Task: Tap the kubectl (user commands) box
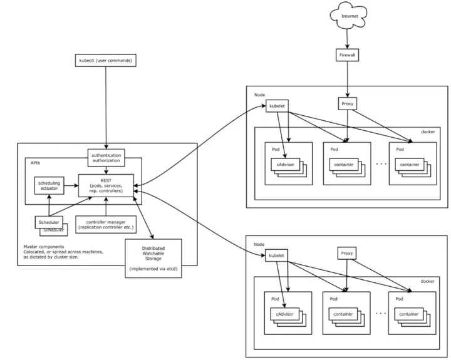tap(105, 61)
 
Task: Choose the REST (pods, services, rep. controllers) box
tap(106, 185)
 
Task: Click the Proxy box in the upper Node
tap(347, 104)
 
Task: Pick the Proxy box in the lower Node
tap(347, 254)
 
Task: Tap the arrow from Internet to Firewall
tap(347, 38)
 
